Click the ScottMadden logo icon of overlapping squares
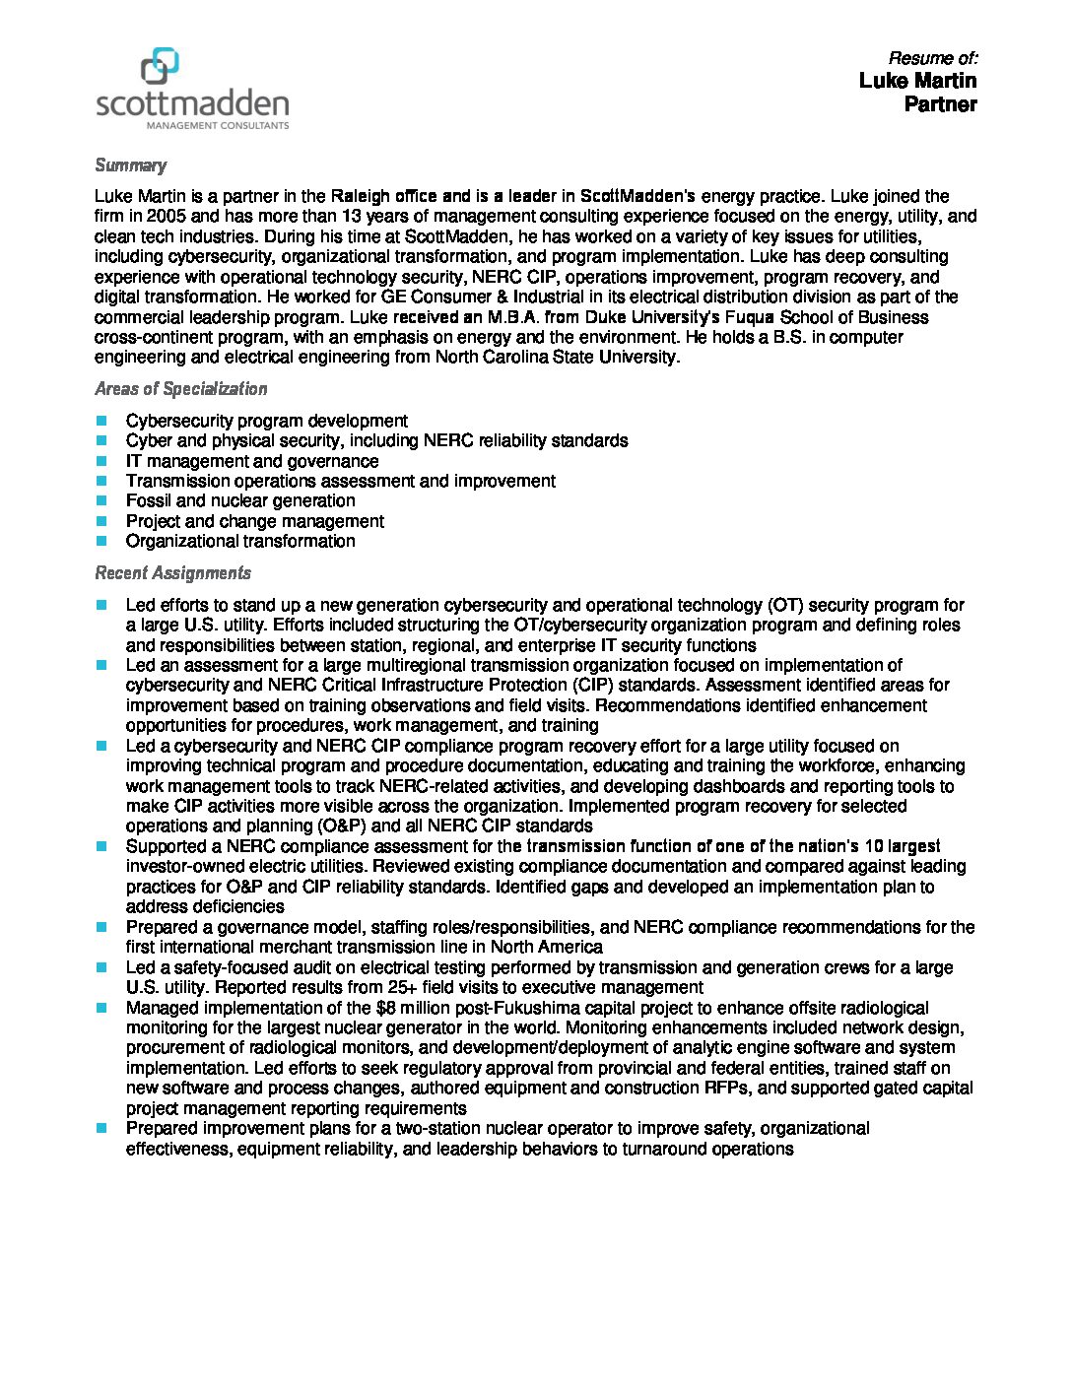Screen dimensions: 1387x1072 161,65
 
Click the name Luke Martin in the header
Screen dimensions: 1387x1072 917,81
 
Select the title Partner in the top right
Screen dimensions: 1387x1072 940,104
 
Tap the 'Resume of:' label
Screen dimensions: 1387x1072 932,58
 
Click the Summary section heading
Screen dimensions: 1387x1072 130,165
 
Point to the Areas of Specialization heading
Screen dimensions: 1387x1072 180,389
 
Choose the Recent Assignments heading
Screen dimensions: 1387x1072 172,573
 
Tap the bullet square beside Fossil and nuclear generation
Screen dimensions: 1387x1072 101,500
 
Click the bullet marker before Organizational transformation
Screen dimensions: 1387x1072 101,541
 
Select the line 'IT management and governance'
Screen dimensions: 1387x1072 251,461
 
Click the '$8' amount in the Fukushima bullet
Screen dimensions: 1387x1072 387,1008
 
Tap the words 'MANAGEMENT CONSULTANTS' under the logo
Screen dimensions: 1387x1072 217,126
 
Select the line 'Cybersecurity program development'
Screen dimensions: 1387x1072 266,421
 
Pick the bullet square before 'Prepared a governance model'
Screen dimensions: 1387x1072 101,927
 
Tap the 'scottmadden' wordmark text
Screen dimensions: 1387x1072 193,102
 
